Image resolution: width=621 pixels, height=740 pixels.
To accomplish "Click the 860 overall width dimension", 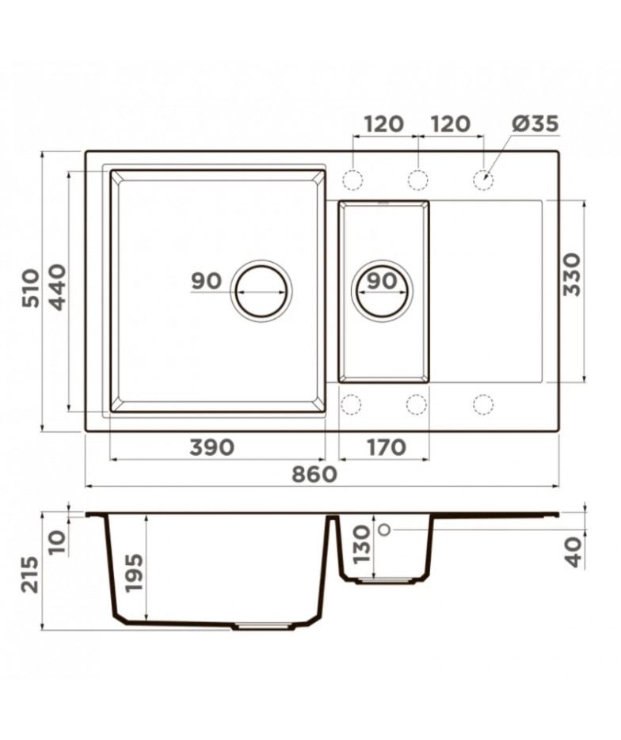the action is point(314,474).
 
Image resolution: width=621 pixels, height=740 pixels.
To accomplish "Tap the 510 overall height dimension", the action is point(32,288).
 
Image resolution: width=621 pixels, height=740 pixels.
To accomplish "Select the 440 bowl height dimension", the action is point(58,287).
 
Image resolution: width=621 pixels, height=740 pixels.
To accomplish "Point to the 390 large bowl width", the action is point(211,447).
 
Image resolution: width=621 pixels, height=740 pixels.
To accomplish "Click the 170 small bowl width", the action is point(387,447).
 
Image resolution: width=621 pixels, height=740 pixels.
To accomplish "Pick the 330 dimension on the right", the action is point(572,274).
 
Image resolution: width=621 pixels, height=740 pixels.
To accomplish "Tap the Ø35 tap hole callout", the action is point(535,123).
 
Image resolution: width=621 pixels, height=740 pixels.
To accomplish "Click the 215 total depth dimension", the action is point(31,574).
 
